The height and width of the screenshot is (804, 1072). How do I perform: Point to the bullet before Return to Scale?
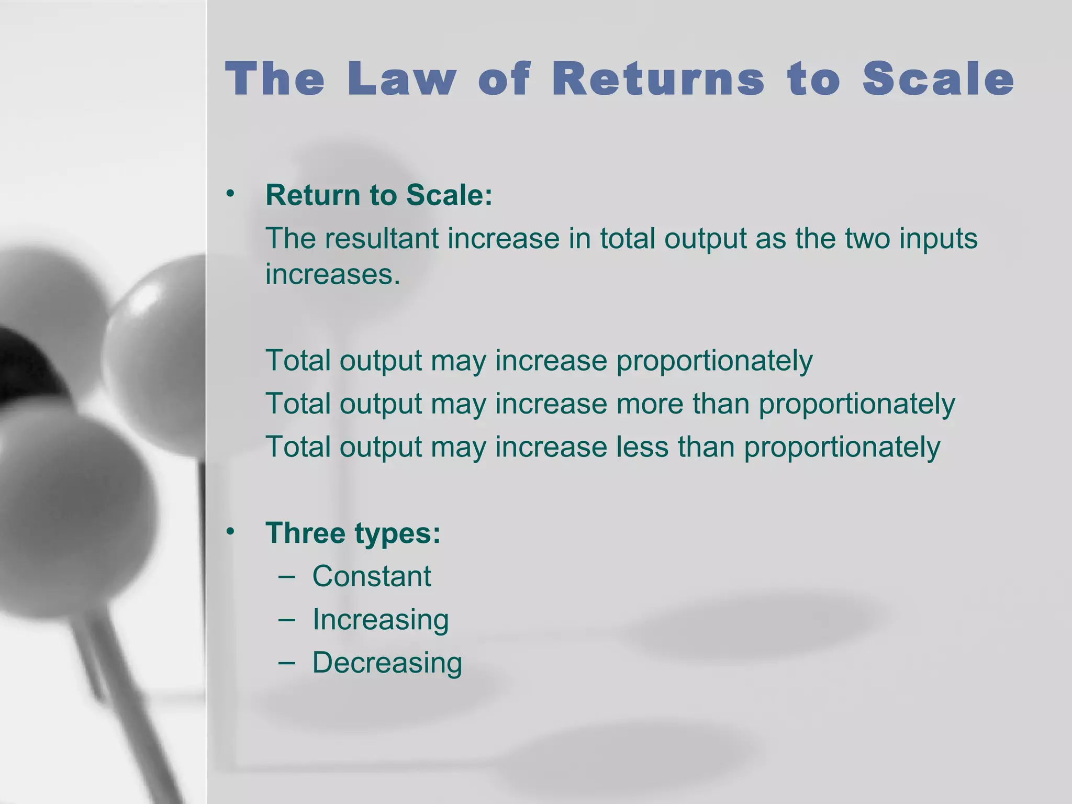(230, 194)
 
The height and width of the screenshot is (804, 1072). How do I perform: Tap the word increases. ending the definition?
(332, 274)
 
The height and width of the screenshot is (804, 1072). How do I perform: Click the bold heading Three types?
(353, 533)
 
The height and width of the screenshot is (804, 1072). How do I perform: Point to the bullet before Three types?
(230, 532)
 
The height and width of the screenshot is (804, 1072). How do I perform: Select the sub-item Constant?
(372, 576)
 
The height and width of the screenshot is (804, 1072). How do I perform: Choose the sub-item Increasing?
(381, 620)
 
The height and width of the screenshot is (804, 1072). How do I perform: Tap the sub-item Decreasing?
(387, 663)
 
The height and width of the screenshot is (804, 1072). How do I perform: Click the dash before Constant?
(287, 577)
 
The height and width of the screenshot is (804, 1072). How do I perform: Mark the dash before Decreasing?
(287, 663)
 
